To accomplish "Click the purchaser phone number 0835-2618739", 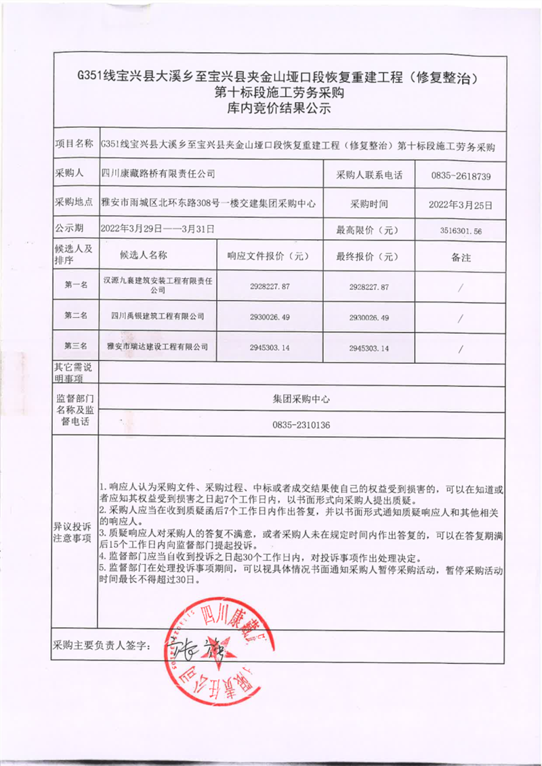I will point(460,176).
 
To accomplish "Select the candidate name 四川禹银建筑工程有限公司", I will point(157,316).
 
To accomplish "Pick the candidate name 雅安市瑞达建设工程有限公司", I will point(157,347).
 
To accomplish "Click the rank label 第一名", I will point(76,286).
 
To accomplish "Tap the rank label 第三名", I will point(76,347).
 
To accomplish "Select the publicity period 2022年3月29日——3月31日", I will point(157,230).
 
